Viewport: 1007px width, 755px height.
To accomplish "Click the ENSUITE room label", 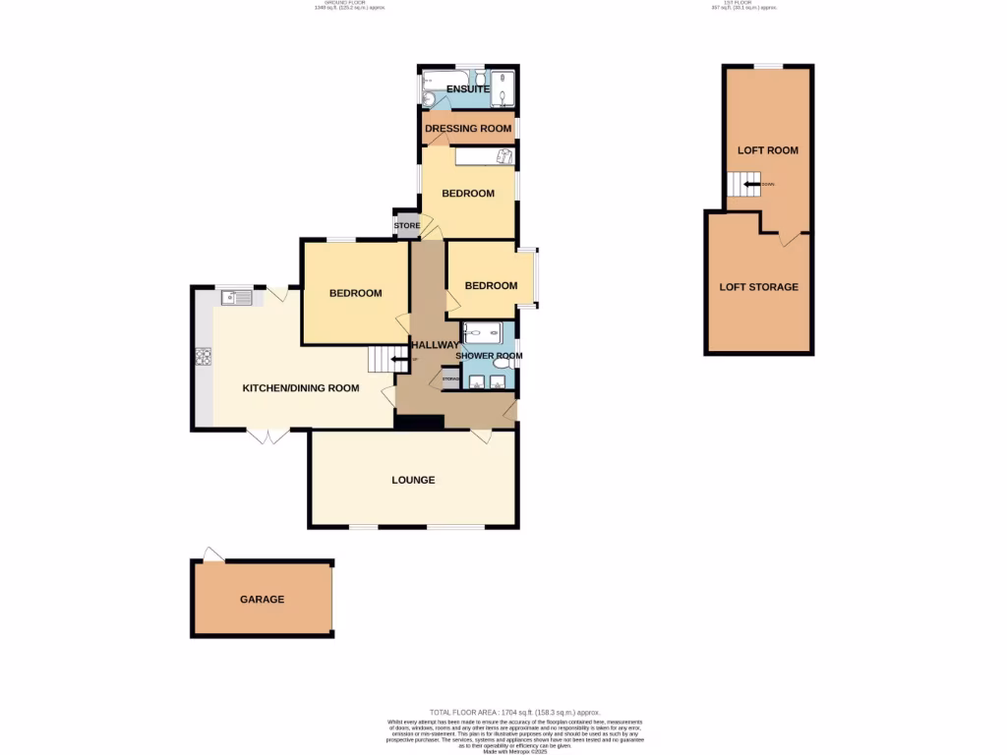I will (468, 89).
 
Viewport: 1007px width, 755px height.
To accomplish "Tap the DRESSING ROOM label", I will (468, 129).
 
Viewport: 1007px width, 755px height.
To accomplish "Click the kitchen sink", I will (236, 297).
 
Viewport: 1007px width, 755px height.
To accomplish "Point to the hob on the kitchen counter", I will (206, 358).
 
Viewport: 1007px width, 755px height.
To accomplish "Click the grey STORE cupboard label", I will (407, 226).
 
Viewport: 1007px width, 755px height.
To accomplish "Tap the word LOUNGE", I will (413, 480).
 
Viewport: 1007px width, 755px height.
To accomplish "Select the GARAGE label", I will (262, 599).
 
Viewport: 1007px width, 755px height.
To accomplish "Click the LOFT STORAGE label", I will (758, 287).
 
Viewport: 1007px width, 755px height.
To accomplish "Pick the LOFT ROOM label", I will (768, 150).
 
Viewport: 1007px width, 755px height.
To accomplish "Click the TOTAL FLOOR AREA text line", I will (514, 712).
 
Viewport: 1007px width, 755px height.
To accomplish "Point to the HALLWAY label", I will (434, 345).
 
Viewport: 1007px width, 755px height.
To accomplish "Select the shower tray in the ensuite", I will (503, 88).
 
